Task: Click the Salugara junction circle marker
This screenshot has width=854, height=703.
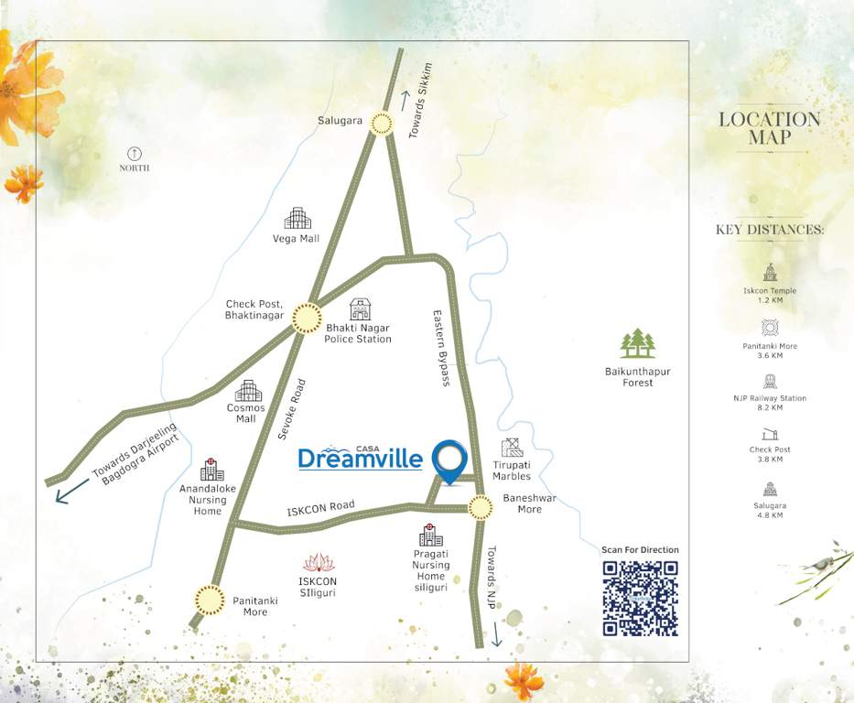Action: [382, 124]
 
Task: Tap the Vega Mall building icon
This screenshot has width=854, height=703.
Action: [297, 219]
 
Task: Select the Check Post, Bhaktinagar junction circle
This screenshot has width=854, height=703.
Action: [307, 319]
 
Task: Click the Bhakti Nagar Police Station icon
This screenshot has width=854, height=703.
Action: [361, 309]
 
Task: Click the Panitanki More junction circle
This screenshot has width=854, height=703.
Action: [210, 600]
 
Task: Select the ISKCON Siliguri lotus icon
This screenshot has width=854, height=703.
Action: [319, 563]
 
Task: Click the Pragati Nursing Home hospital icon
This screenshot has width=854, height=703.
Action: [430, 535]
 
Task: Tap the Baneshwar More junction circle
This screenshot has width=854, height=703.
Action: [480, 506]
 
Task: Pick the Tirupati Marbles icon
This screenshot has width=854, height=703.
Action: [512, 448]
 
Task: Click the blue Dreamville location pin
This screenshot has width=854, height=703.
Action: [449, 460]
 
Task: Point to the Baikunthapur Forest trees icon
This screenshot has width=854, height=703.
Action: [638, 344]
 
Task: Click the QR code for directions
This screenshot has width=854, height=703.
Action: [640, 599]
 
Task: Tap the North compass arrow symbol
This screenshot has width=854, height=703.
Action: [135, 153]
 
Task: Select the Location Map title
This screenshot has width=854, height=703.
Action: [769, 128]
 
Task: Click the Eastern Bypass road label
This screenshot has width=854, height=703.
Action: [441, 348]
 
